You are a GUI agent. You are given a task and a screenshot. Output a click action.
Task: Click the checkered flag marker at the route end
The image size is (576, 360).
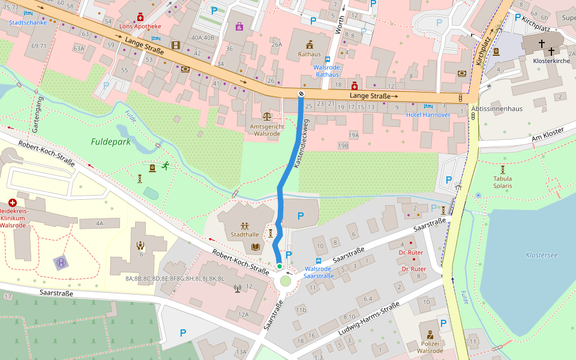pyautogui.click(x=301, y=94)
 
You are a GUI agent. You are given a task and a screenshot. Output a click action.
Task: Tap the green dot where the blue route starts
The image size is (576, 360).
pyautogui.click(x=279, y=266)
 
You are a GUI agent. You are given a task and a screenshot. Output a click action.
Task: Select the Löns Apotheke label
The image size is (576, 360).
pyautogui.click(x=140, y=26)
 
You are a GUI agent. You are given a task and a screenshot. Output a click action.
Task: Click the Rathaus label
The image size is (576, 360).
pyautogui.click(x=310, y=54)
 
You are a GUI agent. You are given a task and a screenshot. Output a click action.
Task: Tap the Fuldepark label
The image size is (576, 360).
pyautogui.click(x=111, y=142)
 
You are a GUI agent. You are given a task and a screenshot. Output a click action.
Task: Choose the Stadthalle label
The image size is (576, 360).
pyautogui.click(x=245, y=235)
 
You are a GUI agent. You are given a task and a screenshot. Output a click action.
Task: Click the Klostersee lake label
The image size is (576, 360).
pyautogui.click(x=541, y=255)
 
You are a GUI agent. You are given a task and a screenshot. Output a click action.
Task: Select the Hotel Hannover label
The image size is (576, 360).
pyautogui.click(x=428, y=115)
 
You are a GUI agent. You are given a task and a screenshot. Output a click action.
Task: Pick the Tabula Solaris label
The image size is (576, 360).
pyautogui.click(x=502, y=182)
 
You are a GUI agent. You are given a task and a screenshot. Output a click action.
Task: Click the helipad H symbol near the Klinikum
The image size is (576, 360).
pyautogui.click(x=61, y=262)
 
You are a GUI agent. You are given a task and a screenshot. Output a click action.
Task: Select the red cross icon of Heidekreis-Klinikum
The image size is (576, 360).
pyautogui.click(x=12, y=203)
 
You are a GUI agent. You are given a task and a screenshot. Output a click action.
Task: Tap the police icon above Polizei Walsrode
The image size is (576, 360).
pyautogui.click(x=430, y=334)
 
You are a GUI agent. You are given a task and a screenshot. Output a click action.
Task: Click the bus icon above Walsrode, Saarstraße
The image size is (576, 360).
pyautogui.click(x=319, y=261)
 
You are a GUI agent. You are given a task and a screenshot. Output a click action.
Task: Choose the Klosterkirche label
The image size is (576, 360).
pyautogui.click(x=551, y=61)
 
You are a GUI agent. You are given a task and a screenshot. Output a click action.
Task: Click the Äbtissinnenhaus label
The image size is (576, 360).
pyautogui.click(x=497, y=109)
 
